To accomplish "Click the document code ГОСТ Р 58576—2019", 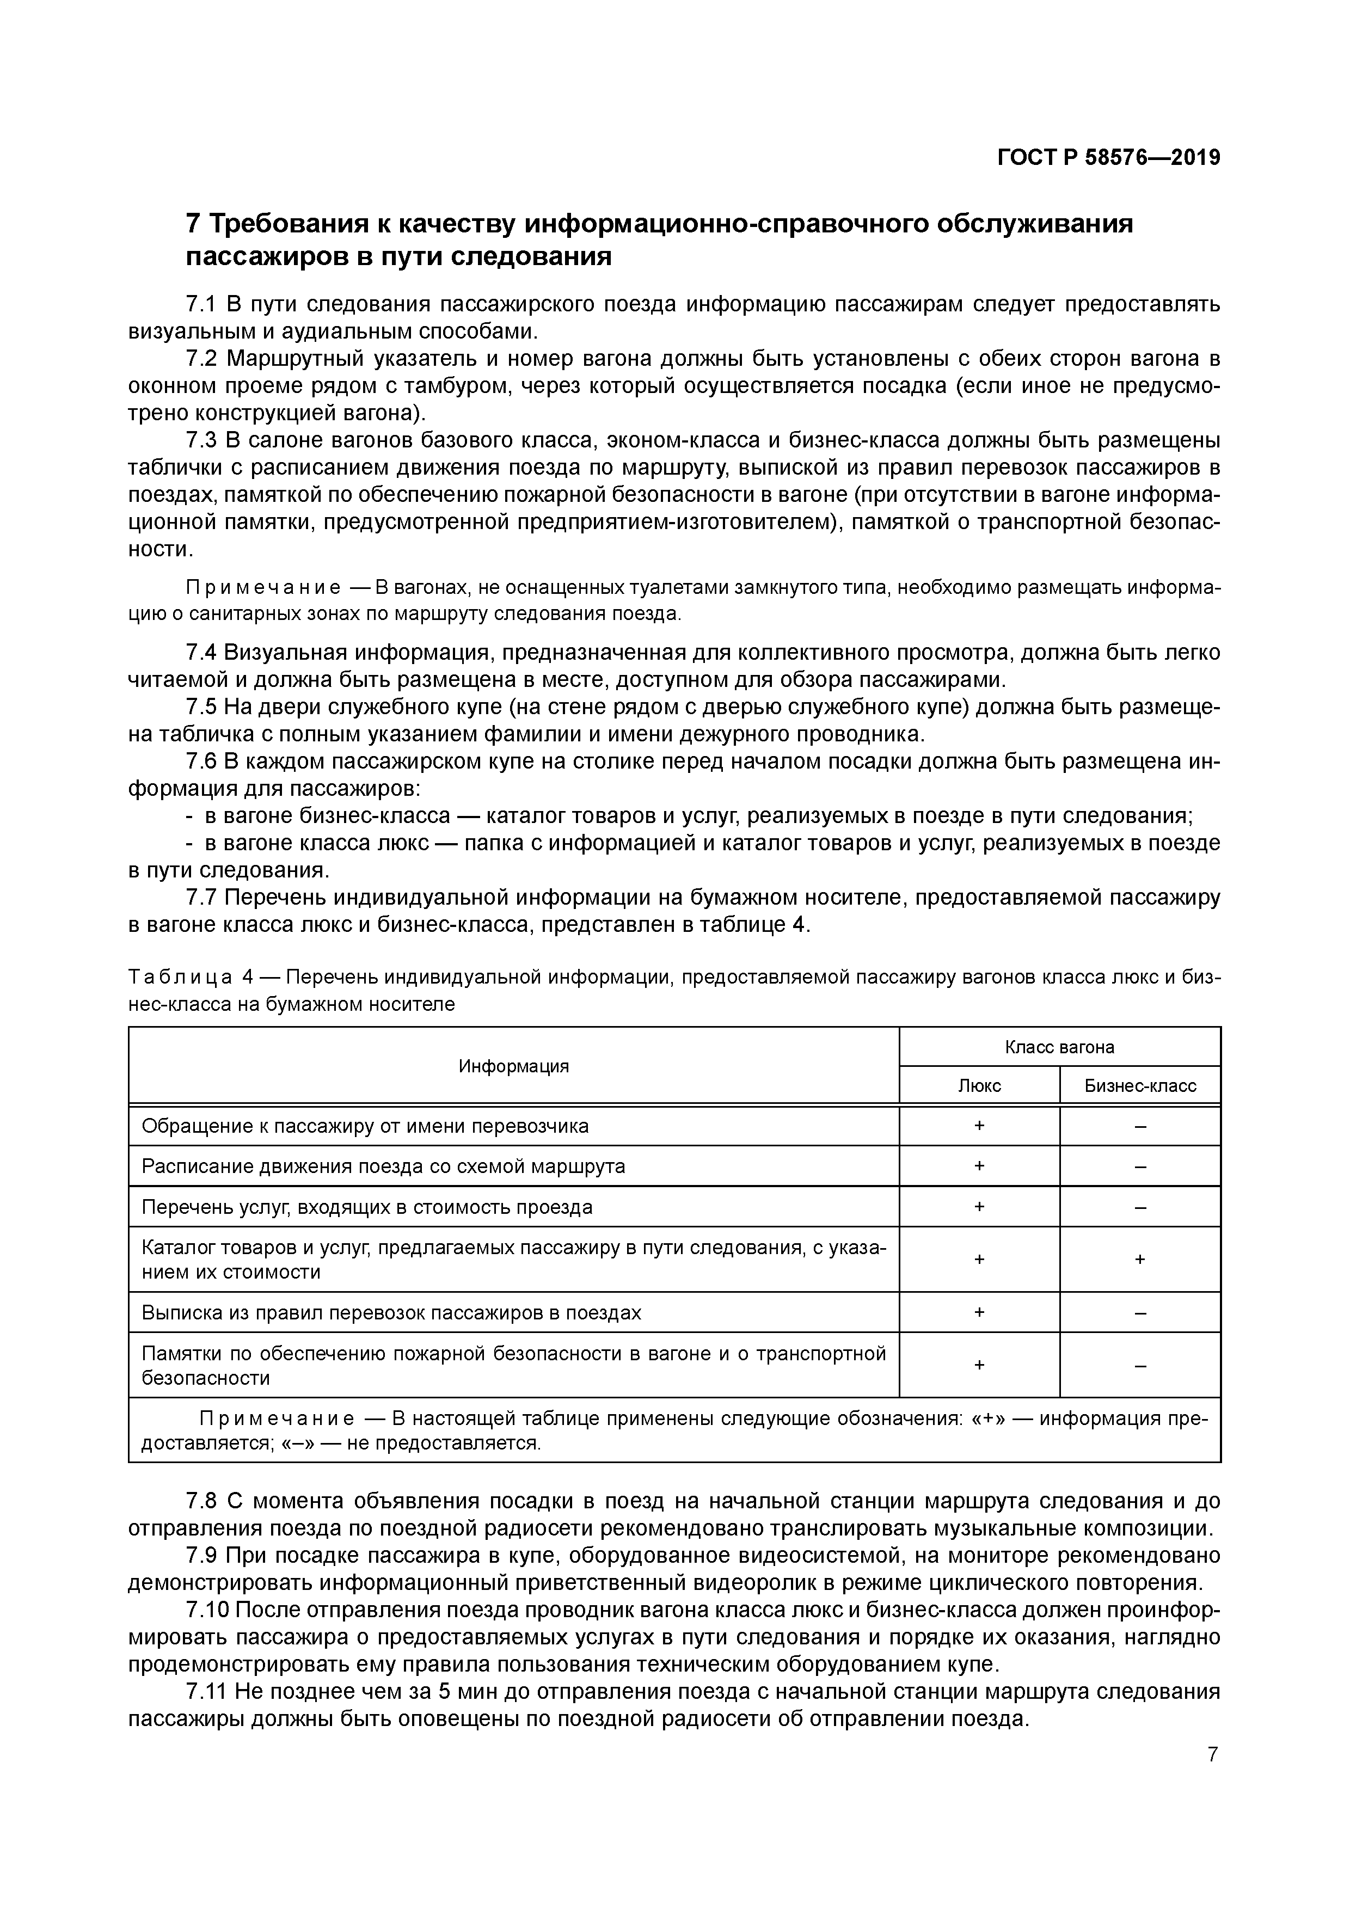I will click(1108, 158).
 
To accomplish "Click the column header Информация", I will click(513, 1066).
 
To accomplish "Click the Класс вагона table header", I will click(1059, 1047).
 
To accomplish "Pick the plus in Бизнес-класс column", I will click(1139, 1260).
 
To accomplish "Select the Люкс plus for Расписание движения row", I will click(979, 1166).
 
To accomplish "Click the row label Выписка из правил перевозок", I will click(391, 1313).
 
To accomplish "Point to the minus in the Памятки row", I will click(1139, 1365).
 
